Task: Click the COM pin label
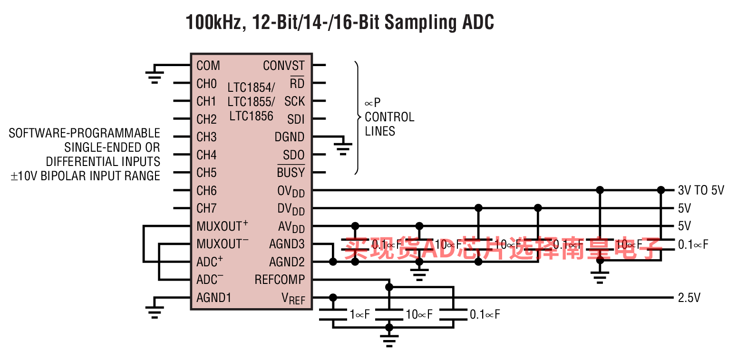208,66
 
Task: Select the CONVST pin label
284,66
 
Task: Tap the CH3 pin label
206,137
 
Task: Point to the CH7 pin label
206,208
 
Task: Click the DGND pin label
289,137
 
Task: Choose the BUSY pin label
291,173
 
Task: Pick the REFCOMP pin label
280,280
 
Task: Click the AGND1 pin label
213,298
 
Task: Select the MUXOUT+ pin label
222,226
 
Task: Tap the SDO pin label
293,155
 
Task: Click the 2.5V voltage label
689,298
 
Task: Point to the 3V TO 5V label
701,191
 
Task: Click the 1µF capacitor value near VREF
359,314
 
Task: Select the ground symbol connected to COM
154,76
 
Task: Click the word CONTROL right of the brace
389,117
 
